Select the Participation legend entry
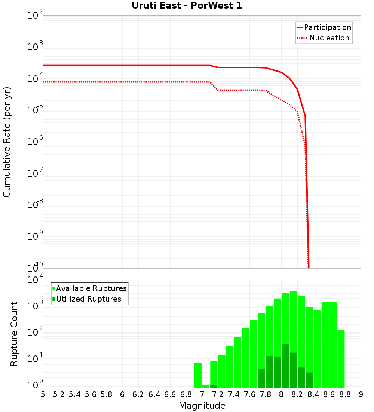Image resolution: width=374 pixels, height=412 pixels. [327, 27]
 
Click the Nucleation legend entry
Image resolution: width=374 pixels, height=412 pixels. [329, 38]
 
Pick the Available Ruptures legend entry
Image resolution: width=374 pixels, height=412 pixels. [91, 288]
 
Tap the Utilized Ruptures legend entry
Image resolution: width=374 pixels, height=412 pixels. [88, 299]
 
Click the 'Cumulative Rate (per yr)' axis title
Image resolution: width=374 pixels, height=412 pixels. [7, 142]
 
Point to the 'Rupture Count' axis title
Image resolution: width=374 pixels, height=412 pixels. [14, 334]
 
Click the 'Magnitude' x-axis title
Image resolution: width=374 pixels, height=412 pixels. [202, 406]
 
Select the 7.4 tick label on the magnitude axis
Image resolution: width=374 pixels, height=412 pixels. [234, 394]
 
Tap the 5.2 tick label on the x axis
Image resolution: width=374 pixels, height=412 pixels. [59, 394]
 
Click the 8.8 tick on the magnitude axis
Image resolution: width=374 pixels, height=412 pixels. [345, 394]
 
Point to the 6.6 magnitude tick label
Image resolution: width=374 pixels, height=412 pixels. [170, 394]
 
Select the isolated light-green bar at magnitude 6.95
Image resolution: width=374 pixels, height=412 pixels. [198, 375]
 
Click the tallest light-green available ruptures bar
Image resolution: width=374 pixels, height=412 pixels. [293, 339]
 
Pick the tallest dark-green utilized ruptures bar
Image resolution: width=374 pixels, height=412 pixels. [285, 366]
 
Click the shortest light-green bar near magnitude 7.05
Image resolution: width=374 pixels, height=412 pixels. [206, 386]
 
